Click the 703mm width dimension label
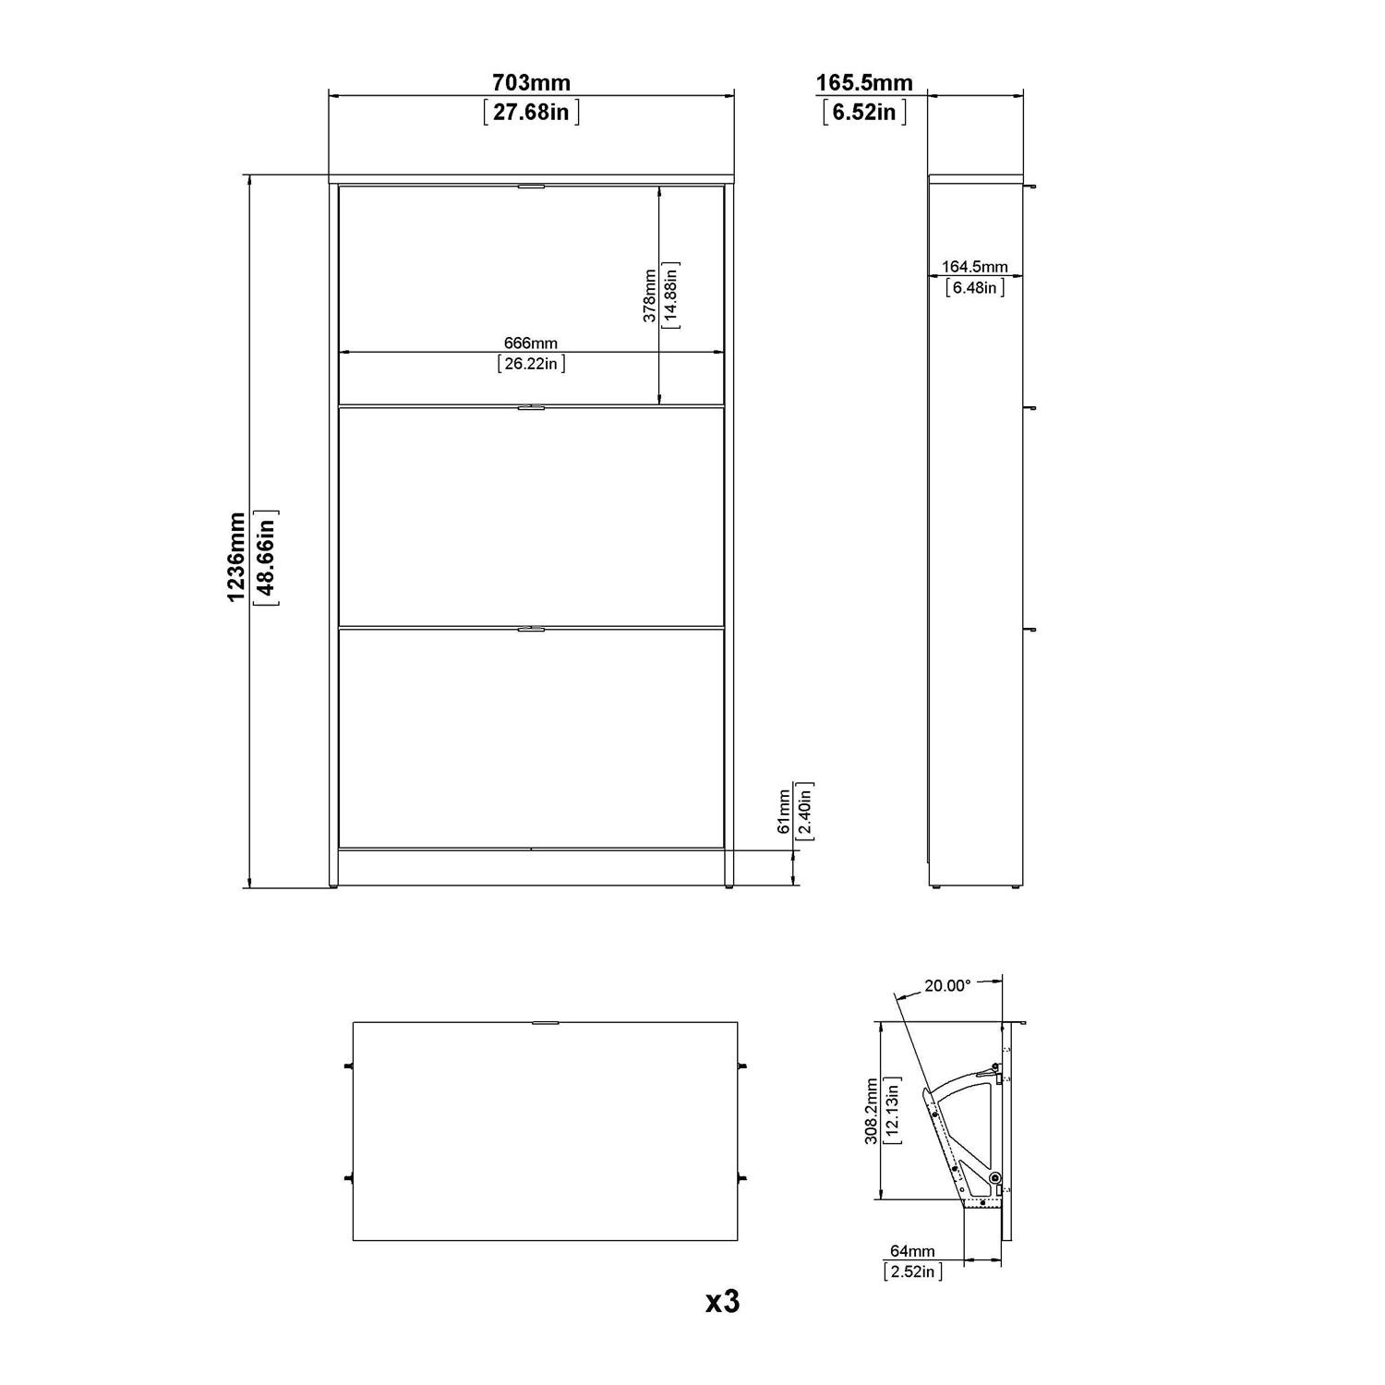531,83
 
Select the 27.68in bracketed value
531,113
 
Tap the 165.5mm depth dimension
863,83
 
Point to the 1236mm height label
237,557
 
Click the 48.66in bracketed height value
266,557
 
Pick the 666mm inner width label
531,343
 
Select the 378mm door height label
650,295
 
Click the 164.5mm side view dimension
974,268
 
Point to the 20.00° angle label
947,986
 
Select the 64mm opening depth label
911,1251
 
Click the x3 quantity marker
722,1302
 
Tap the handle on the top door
531,187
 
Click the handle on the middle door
531,407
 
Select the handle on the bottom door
531,629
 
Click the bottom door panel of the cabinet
531,739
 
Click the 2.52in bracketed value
912,1271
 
